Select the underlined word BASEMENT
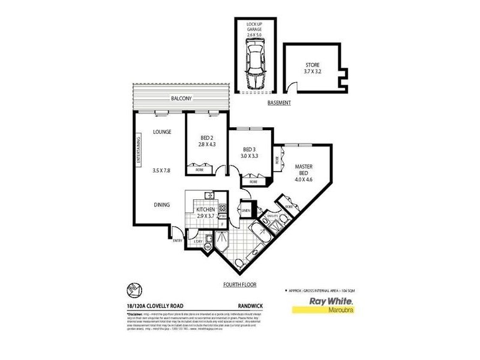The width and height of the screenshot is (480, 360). [279, 103]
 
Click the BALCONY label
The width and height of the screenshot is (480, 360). [181, 98]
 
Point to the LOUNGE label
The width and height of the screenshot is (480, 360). [162, 131]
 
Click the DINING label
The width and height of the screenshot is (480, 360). [161, 205]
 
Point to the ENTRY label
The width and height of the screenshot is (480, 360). [177, 241]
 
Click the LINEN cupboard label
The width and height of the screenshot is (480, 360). [245, 210]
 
